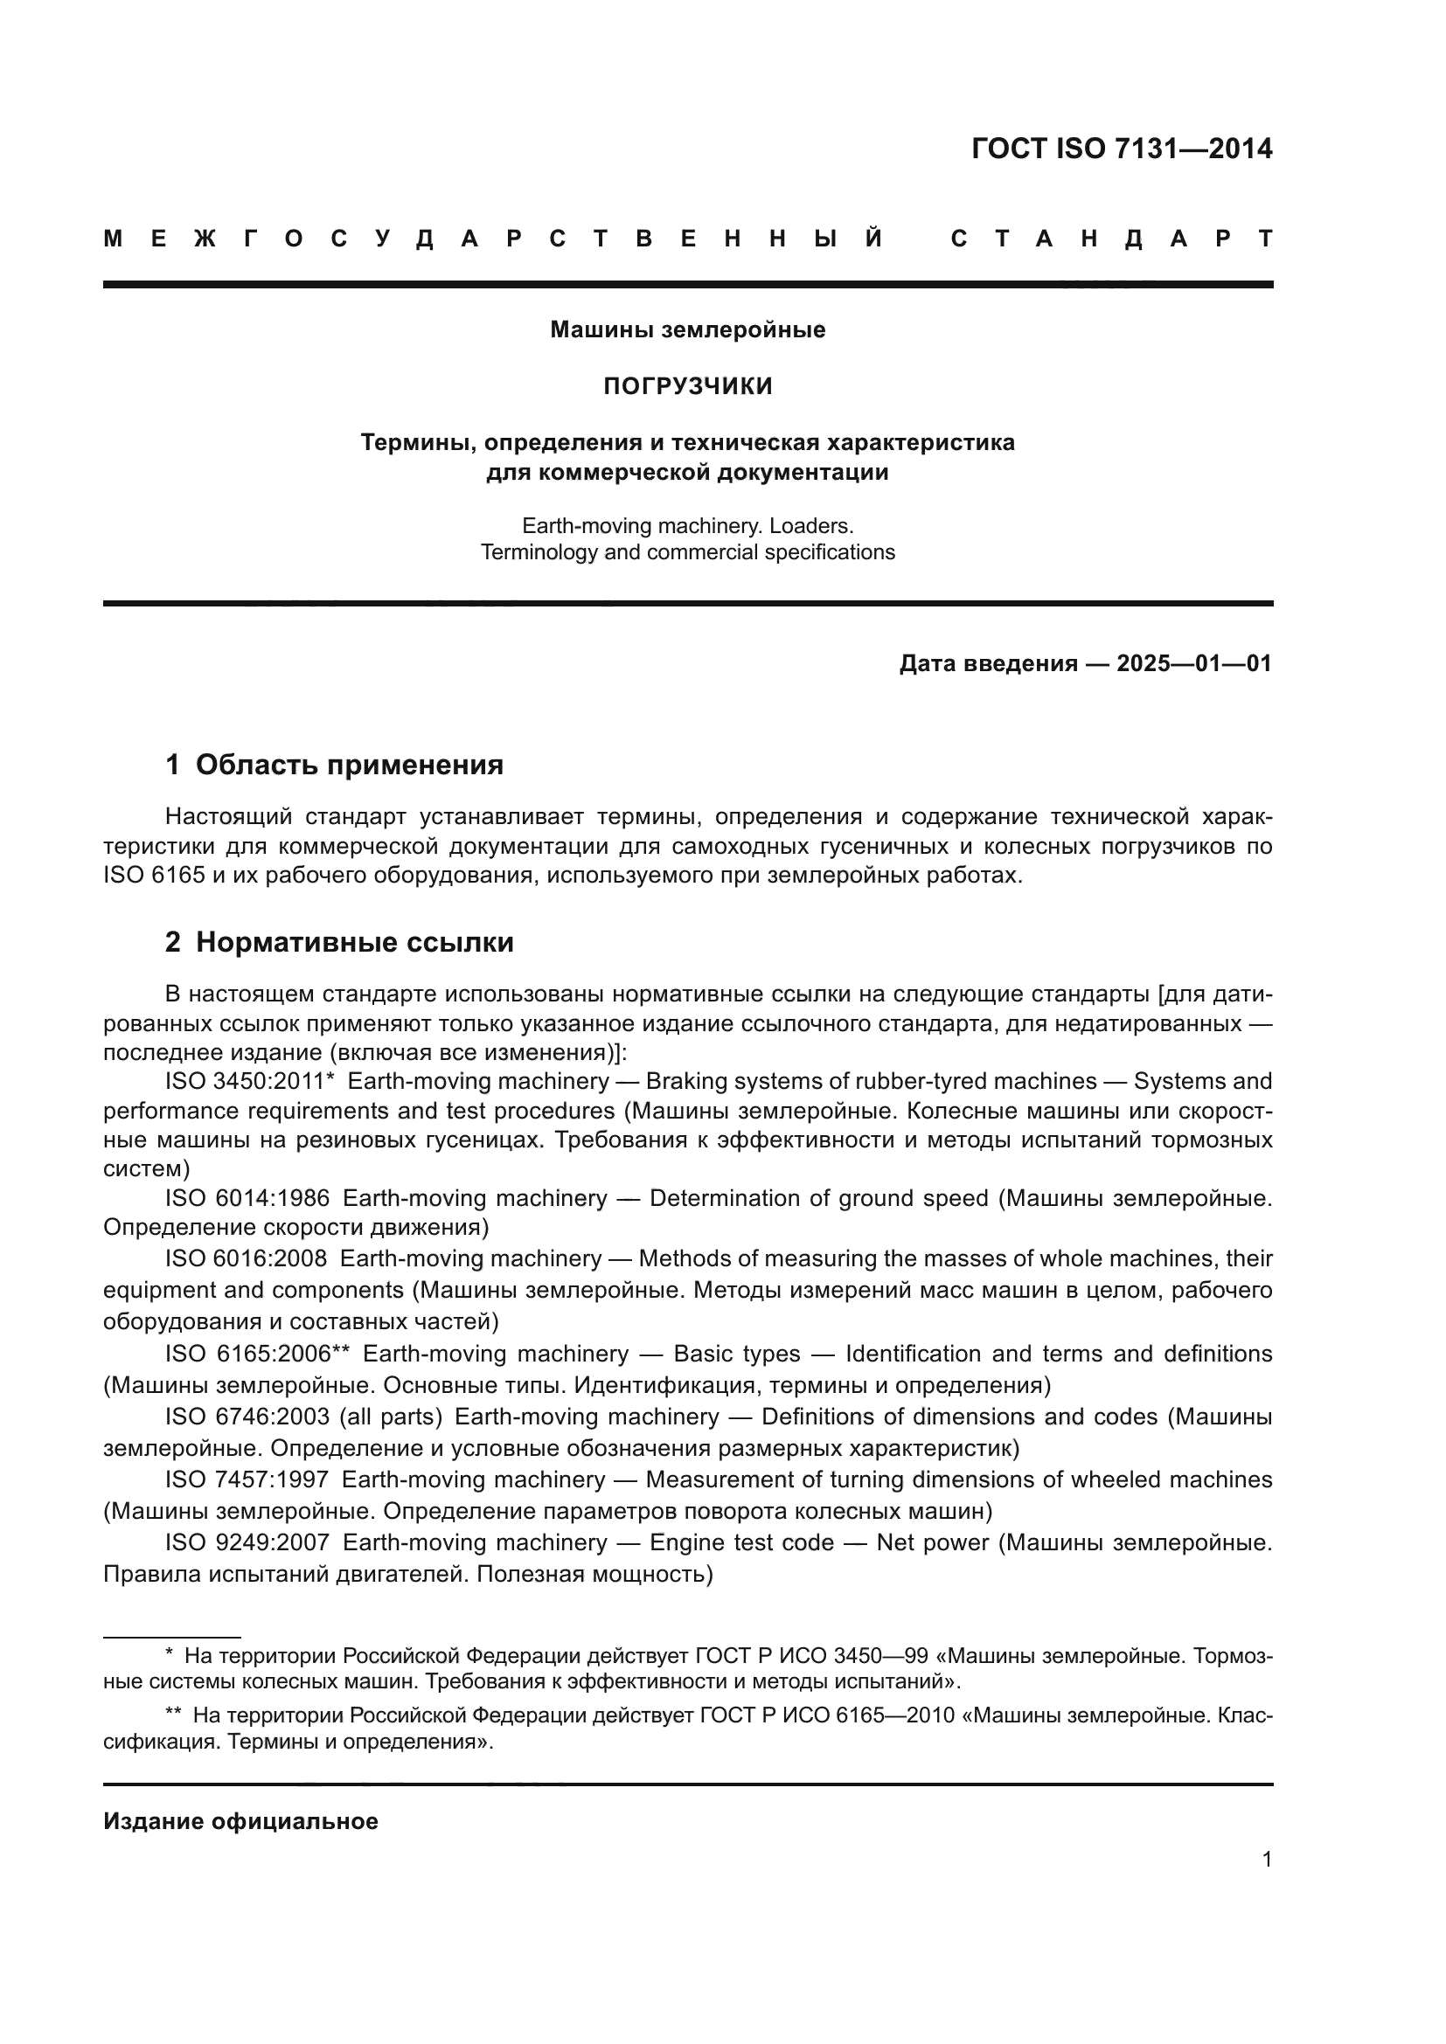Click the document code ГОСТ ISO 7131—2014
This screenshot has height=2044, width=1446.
tap(1121, 149)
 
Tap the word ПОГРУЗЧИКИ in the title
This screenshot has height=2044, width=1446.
tap(687, 386)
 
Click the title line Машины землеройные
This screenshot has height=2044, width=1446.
tap(687, 330)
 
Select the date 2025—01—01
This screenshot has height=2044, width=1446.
tap(1194, 663)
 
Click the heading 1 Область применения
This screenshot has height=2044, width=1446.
tap(335, 765)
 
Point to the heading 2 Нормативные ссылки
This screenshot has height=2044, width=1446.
tap(339, 943)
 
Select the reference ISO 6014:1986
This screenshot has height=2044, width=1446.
tap(247, 1199)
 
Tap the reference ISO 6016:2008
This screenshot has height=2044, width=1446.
tap(246, 1258)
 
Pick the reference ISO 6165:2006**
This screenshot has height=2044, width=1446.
tap(257, 1354)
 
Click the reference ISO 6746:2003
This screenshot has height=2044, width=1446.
tap(247, 1417)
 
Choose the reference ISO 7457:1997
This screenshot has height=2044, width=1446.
tap(247, 1479)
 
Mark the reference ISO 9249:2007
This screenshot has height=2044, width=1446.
tap(247, 1542)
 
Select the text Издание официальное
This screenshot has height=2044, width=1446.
tap(240, 1821)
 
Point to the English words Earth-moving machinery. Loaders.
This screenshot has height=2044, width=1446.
tap(687, 526)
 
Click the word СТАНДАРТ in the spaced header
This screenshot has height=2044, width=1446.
tap(1111, 239)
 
